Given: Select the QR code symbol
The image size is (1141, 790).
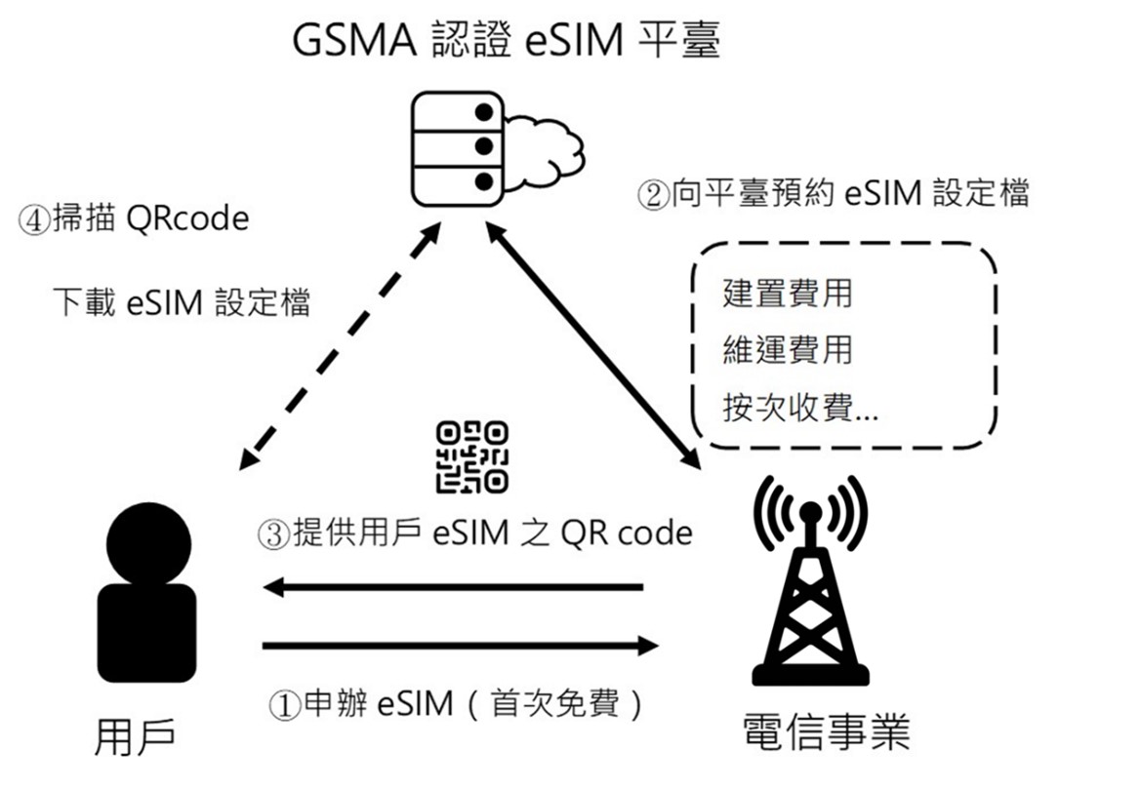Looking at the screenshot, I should (472, 455).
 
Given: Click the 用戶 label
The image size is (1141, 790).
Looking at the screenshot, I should (136, 738).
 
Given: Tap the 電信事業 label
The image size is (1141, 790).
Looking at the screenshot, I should (826, 731).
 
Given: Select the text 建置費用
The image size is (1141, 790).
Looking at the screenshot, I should (787, 293).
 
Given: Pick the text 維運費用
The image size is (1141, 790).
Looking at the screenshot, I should (787, 348).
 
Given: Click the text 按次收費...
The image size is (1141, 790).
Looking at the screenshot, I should (799, 407).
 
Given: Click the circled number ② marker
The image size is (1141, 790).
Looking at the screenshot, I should (652, 194).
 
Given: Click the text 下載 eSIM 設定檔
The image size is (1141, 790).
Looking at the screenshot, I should (182, 302).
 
